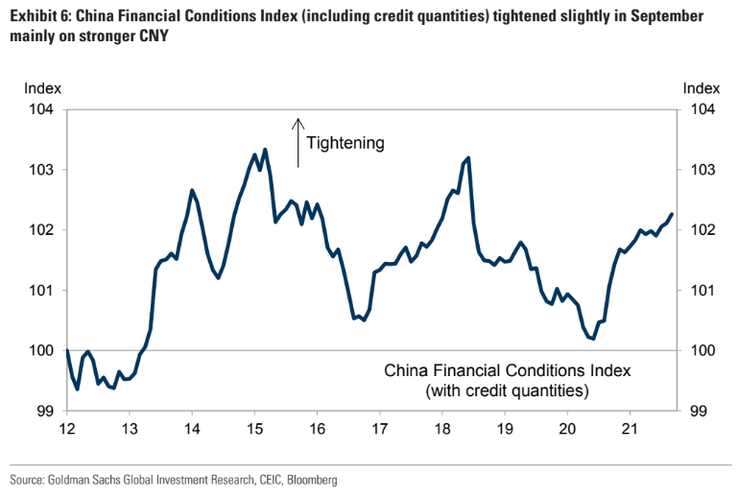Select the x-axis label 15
point(254,429)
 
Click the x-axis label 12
point(67,429)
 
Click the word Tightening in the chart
point(345,143)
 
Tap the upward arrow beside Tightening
point(298,142)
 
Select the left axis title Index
point(43,87)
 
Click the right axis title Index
point(701,87)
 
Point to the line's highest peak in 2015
point(265,150)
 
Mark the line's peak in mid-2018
point(467,158)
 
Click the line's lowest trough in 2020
point(593,339)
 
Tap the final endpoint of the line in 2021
point(672,214)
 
